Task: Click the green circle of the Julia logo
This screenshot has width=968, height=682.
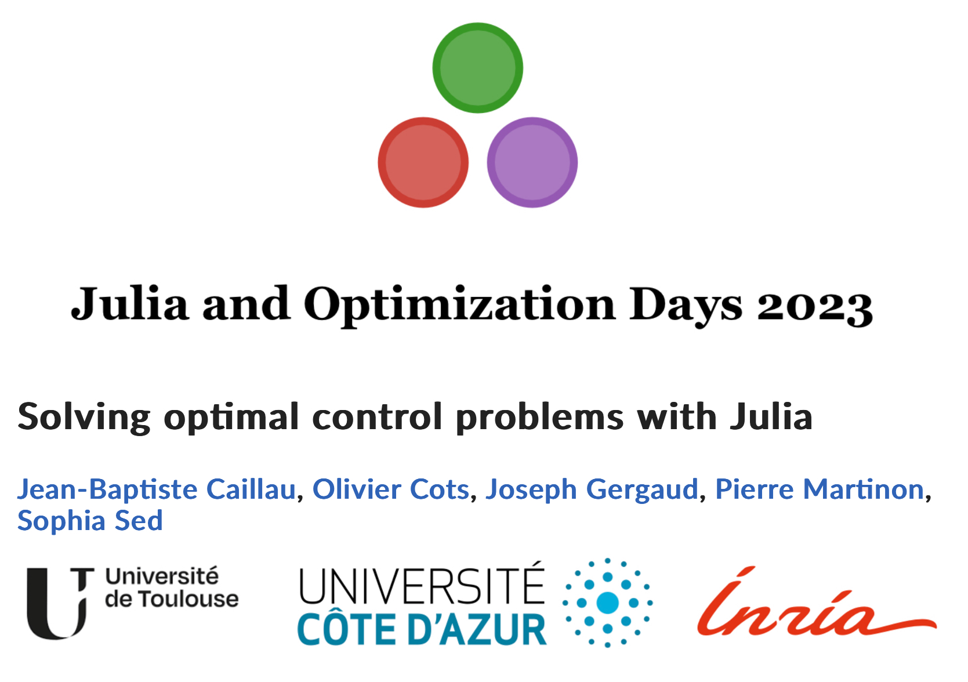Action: click(x=477, y=68)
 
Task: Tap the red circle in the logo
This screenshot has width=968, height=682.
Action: click(x=423, y=162)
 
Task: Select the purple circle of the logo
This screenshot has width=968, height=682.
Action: click(x=532, y=162)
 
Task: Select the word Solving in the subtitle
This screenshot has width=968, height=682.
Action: click(x=84, y=417)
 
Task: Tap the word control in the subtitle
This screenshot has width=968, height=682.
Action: click(x=377, y=416)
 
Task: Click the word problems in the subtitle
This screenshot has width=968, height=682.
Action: click(x=540, y=417)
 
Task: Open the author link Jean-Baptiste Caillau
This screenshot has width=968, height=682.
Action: click(x=157, y=489)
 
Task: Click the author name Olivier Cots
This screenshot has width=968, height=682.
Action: click(x=391, y=489)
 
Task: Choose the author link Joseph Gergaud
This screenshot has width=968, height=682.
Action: click(x=592, y=490)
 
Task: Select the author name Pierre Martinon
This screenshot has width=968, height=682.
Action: click(x=820, y=489)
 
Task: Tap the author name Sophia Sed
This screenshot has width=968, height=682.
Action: click(x=90, y=521)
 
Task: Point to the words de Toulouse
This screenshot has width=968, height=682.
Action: click(x=172, y=599)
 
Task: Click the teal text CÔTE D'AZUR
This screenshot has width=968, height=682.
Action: click(x=422, y=630)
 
